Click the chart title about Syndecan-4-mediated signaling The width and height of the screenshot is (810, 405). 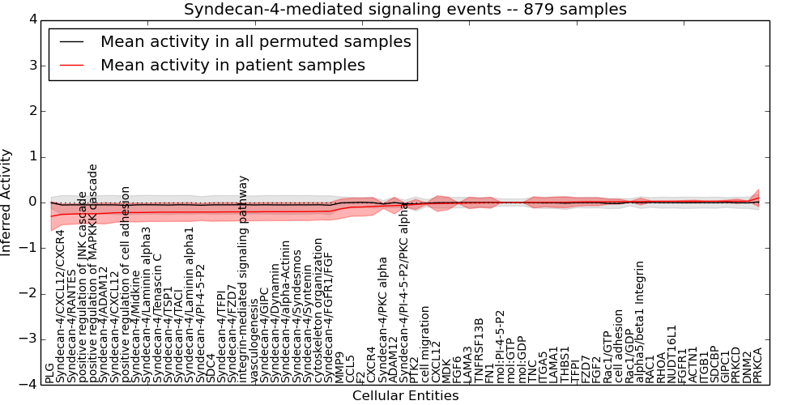405,9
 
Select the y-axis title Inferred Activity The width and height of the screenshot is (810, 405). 7,202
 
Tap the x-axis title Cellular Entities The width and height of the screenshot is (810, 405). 405,396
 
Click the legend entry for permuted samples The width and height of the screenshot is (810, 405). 255,41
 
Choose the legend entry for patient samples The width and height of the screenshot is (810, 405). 232,65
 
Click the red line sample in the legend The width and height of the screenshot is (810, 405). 71,65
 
